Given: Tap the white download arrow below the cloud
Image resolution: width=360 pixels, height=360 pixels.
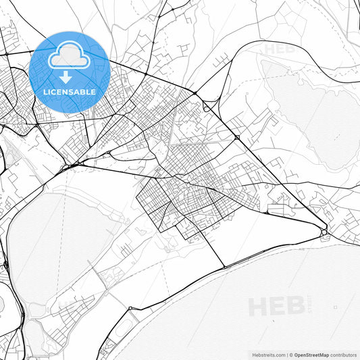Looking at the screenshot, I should click(66, 76).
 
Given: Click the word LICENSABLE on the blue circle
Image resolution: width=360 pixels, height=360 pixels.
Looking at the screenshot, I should click(70, 92).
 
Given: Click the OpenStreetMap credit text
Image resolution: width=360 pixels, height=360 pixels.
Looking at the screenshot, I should click(311, 354).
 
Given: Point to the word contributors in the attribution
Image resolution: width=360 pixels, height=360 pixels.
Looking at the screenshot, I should click(344, 354).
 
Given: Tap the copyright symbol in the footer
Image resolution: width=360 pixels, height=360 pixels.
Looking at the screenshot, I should click(290, 354).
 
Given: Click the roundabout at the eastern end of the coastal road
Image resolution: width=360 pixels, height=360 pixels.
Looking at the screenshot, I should click(324, 233).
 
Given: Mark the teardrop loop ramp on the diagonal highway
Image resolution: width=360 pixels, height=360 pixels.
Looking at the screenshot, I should click(208, 107).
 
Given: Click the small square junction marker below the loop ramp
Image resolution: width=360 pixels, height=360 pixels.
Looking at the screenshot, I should click(237, 138).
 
